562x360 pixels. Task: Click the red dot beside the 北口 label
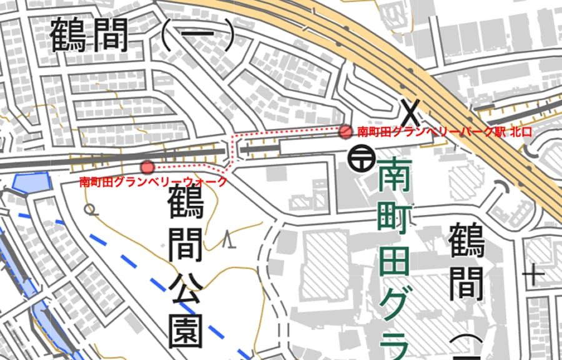[345, 131]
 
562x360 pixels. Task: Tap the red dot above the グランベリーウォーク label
[147, 167]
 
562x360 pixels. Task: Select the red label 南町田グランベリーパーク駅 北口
[444, 132]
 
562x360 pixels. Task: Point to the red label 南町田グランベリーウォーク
[152, 182]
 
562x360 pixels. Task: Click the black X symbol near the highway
[410, 112]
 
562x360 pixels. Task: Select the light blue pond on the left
[30, 183]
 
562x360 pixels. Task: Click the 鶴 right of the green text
[466, 241]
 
